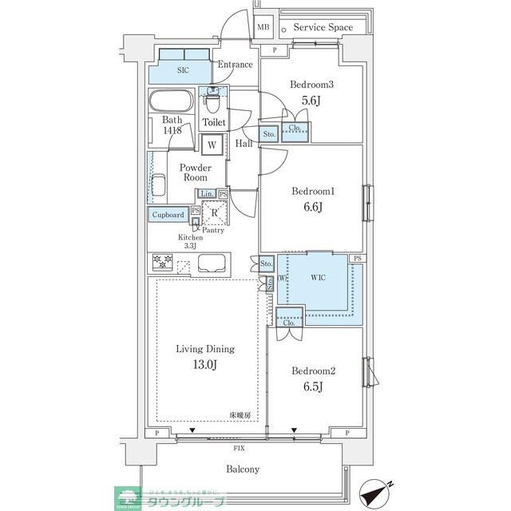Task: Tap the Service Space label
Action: click(323, 27)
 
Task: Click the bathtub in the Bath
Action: click(170, 103)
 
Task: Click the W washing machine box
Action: click(212, 145)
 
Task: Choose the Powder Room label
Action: click(195, 172)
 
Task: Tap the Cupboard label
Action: click(168, 215)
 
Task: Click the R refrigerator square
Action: click(215, 213)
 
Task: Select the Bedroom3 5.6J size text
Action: click(311, 101)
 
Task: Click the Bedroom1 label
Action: click(311, 192)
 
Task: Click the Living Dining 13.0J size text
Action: click(205, 366)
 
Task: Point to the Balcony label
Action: click(242, 469)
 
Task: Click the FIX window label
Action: click(239, 450)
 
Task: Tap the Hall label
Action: click(244, 144)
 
